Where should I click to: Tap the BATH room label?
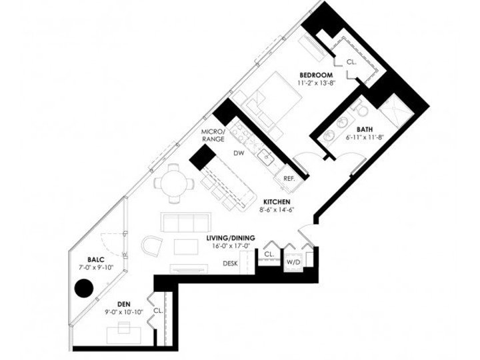365,130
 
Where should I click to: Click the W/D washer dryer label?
293,263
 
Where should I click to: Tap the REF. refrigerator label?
289,179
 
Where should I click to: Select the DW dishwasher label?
238,153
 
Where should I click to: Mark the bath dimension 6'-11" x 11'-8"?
364,138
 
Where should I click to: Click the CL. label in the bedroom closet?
351,63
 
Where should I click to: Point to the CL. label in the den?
158,311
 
